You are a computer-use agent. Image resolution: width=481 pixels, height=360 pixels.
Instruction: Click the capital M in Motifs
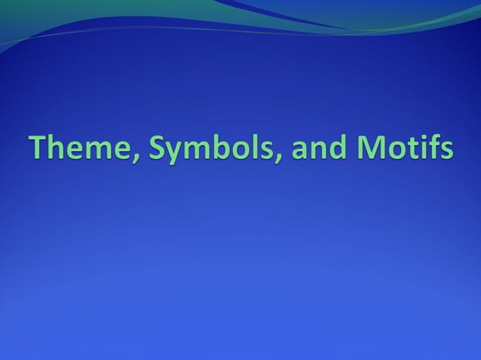[x=368, y=147]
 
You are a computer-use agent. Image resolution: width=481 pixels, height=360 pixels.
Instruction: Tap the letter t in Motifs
[x=412, y=148]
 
